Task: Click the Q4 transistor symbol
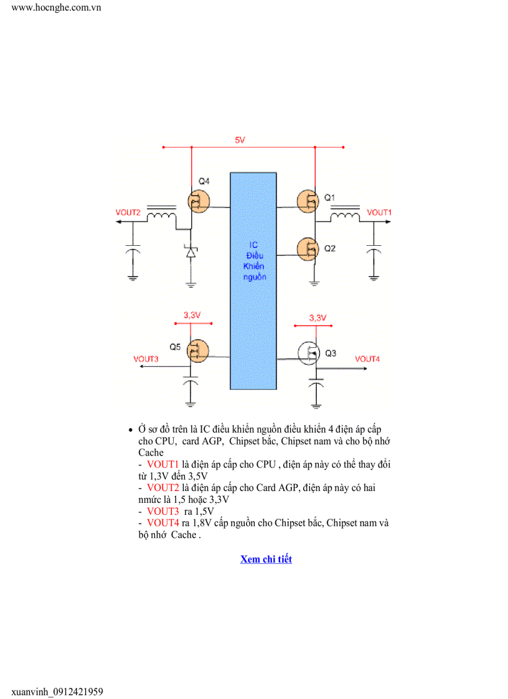pos(198,201)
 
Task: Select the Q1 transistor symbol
pos(307,200)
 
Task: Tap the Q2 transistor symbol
pos(307,248)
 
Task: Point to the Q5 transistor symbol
pos(198,350)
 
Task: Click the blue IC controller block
pos(253,280)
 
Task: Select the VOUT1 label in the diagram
pos(379,212)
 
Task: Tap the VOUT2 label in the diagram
pos(128,212)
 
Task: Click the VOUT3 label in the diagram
pos(146,359)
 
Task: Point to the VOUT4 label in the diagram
pos(367,359)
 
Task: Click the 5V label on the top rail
pos(240,141)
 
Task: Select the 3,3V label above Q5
pos(192,316)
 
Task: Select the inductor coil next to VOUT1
pos(344,215)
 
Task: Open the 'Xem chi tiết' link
pos(266,559)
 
